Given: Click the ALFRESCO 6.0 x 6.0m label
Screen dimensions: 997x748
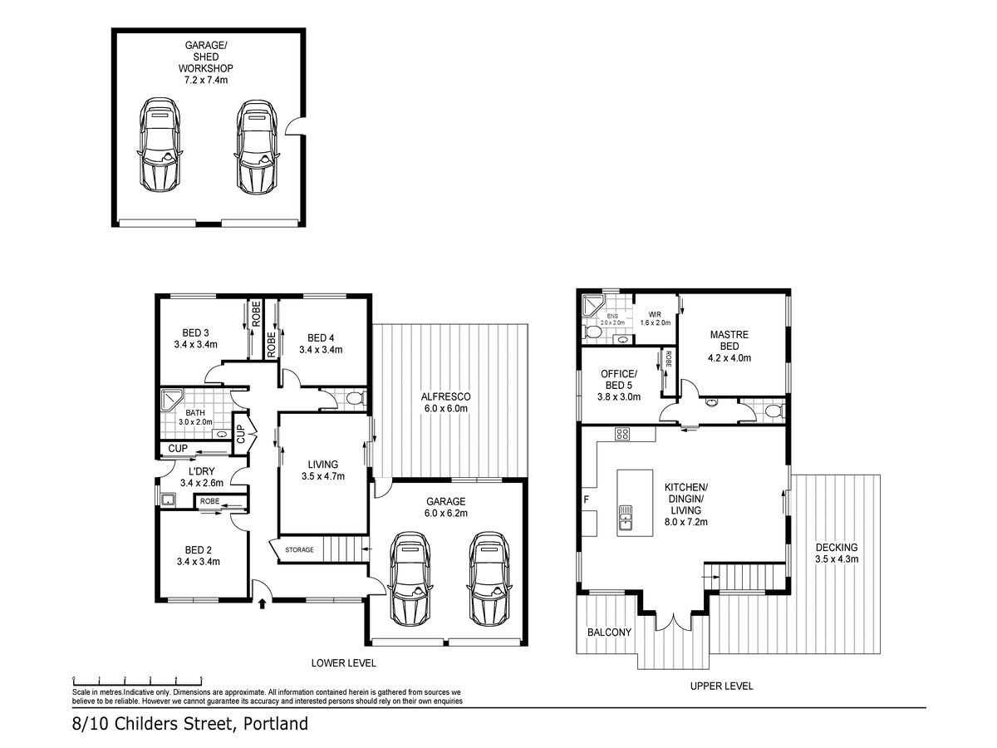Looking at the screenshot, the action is (445, 402).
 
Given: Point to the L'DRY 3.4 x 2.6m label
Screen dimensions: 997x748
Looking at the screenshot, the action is (202, 477).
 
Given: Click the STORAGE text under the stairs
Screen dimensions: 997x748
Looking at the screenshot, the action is (299, 549).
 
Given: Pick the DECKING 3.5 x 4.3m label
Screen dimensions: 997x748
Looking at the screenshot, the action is (836, 553).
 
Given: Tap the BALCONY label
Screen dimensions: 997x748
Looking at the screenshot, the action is (609, 632).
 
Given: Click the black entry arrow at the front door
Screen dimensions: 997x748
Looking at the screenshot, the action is (262, 603).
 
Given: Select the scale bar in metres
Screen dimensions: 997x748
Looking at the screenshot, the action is (137, 681).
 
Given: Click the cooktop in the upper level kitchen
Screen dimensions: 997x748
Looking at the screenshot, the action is (621, 433).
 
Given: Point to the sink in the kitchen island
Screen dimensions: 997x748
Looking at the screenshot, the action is (626, 519).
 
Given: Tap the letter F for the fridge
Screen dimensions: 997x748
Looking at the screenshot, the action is (586, 499).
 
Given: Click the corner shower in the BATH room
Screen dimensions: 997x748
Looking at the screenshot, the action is (172, 400).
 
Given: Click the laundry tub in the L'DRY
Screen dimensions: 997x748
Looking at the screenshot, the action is (169, 499).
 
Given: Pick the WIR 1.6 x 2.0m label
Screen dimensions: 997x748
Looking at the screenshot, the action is (655, 318).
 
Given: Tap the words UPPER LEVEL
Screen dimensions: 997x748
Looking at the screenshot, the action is (721, 686).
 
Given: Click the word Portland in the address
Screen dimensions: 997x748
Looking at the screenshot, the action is (276, 723).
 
